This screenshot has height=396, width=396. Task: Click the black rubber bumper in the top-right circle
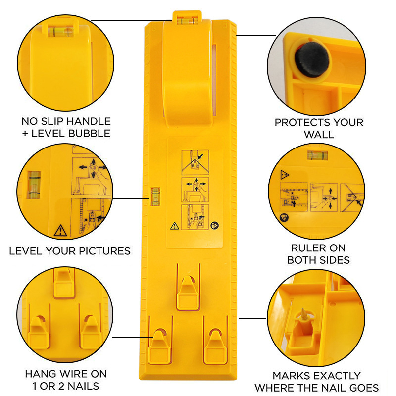(x=312, y=59)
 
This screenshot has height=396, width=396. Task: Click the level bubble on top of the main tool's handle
(x=187, y=20)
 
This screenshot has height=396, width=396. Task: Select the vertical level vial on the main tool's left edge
(x=155, y=196)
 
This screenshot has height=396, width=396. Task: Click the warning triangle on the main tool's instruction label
(x=175, y=226)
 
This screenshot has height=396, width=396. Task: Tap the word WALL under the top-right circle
(x=319, y=134)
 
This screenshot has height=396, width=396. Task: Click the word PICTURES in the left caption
(x=104, y=251)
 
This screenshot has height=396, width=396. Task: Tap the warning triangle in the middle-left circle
(x=60, y=230)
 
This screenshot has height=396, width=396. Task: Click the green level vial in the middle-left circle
(x=34, y=185)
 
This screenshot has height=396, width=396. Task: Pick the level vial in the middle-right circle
(x=317, y=155)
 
